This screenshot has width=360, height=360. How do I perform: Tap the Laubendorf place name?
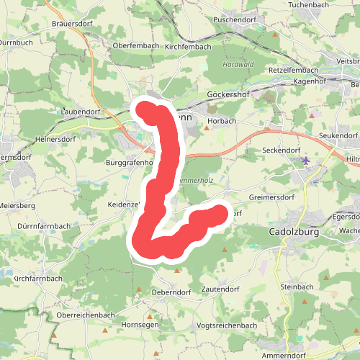(80, 112)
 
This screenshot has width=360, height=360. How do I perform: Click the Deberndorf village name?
(171, 293)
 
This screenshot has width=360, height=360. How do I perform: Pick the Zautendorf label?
(220, 288)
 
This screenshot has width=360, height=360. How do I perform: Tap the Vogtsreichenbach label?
(227, 325)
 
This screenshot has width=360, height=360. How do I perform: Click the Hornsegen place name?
(140, 325)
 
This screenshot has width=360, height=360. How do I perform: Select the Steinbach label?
(297, 287)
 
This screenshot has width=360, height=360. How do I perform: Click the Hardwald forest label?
(238, 63)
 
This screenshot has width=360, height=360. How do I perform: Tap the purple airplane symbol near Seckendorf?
(307, 160)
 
